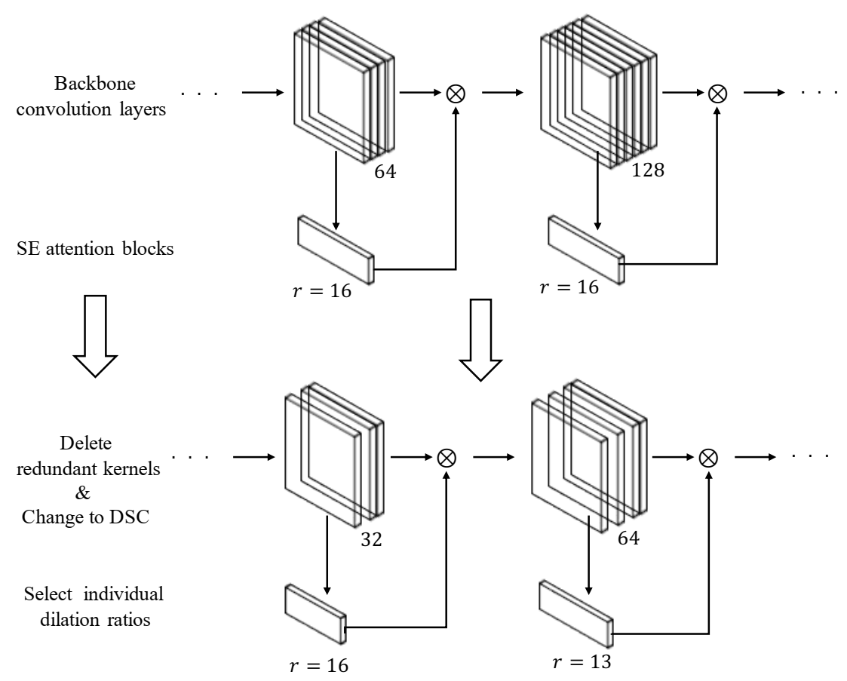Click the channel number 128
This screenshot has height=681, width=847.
coord(649,170)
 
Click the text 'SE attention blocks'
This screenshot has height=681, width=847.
coord(95,249)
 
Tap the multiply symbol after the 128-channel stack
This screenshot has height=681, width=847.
coord(716,93)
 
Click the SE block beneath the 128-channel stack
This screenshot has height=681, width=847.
coord(587,249)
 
